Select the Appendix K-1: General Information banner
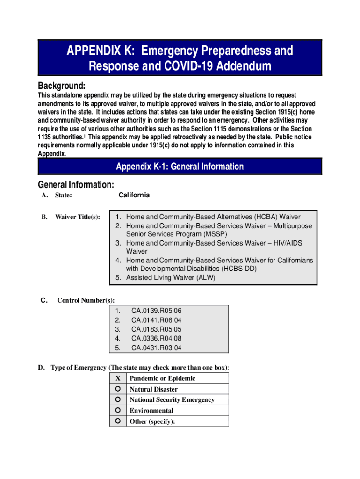pyautogui.click(x=180, y=167)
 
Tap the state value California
pyautogui.click(x=134, y=195)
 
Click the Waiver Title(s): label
pyautogui.click(x=77, y=217)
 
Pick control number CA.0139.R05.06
pyautogui.click(x=156, y=311)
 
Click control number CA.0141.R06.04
pyautogui.click(x=156, y=320)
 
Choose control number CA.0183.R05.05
pyautogui.click(x=156, y=329)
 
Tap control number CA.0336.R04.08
pyautogui.click(x=156, y=338)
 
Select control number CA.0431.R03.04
pyautogui.click(x=156, y=348)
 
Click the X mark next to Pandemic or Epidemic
pyautogui.click(x=118, y=378)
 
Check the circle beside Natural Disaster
pyautogui.click(x=118, y=389)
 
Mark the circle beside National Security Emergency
pyautogui.click(x=118, y=399)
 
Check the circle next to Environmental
pyautogui.click(x=118, y=410)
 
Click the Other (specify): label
pyautogui.click(x=152, y=421)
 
